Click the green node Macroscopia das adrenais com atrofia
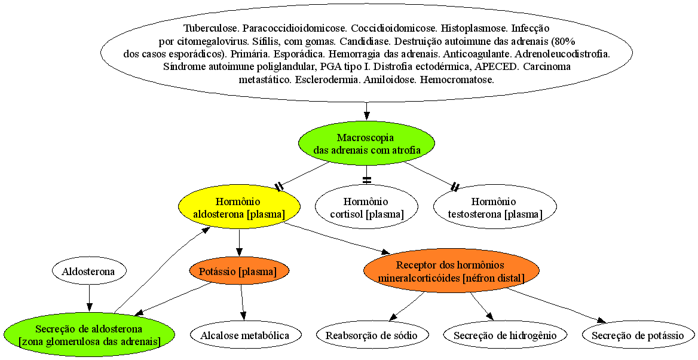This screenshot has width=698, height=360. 366,144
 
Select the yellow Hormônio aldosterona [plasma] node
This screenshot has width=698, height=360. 239,208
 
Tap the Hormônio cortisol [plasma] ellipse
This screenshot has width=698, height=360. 366,208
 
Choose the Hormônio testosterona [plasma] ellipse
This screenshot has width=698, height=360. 495,208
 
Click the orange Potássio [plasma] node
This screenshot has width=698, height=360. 239,271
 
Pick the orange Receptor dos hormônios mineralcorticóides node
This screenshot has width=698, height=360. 451,271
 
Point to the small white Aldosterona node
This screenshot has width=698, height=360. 89,271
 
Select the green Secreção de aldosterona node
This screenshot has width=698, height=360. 89,335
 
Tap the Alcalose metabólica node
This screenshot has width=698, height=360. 245,335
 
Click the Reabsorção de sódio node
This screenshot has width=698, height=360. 372,335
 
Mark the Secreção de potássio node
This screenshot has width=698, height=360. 638,335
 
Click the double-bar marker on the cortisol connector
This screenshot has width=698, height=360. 366,180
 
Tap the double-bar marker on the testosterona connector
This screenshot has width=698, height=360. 455,186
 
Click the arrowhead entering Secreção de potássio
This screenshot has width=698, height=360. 601,321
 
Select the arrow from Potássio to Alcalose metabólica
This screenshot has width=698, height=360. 242,303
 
